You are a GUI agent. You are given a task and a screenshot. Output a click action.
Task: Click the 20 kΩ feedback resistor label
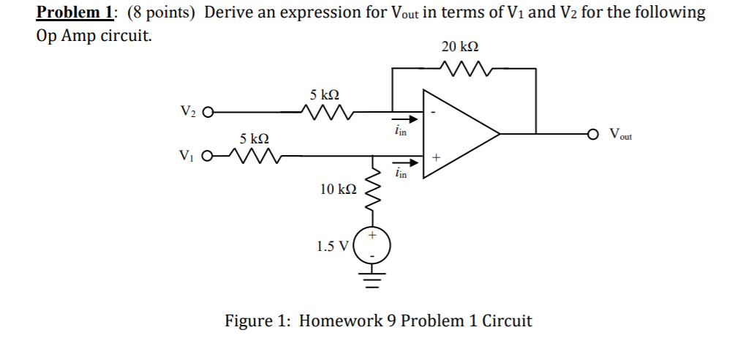(x=460, y=47)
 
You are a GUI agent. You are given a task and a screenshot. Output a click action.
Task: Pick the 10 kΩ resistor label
(x=338, y=190)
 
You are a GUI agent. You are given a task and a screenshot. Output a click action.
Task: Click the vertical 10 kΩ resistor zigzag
(x=373, y=190)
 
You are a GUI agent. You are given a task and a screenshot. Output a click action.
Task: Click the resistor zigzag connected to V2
(x=327, y=113)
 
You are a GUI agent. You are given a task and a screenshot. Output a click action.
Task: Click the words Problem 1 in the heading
(x=69, y=12)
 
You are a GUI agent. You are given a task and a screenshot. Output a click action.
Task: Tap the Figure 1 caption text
(x=377, y=320)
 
